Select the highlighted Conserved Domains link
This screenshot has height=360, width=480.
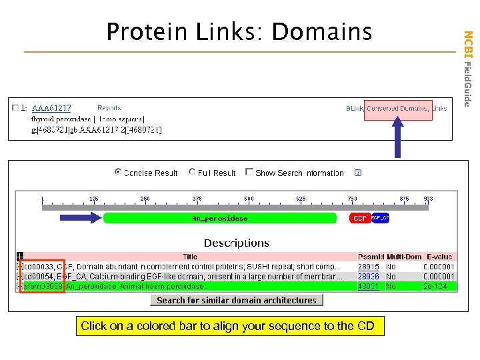pyautogui.click(x=397, y=108)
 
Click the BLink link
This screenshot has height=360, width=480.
pyautogui.click(x=355, y=108)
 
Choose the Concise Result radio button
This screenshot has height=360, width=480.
pyautogui.click(x=118, y=172)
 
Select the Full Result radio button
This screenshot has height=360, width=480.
pyautogui.click(x=192, y=172)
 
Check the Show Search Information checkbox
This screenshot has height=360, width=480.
pyautogui.click(x=249, y=172)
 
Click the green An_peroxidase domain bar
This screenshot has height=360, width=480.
pyautogui.click(x=220, y=218)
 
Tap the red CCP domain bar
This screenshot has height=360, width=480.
pyautogui.click(x=360, y=218)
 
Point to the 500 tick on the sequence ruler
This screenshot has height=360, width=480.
pyautogui.click(x=249, y=199)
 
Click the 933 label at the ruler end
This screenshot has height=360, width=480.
pyautogui.click(x=428, y=199)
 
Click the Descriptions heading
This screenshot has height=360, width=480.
pyautogui.click(x=237, y=243)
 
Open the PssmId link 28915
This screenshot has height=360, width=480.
pyautogui.click(x=368, y=267)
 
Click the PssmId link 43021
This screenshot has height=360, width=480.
pyautogui.click(x=368, y=286)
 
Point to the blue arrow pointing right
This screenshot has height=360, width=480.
pyautogui.click(x=80, y=218)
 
